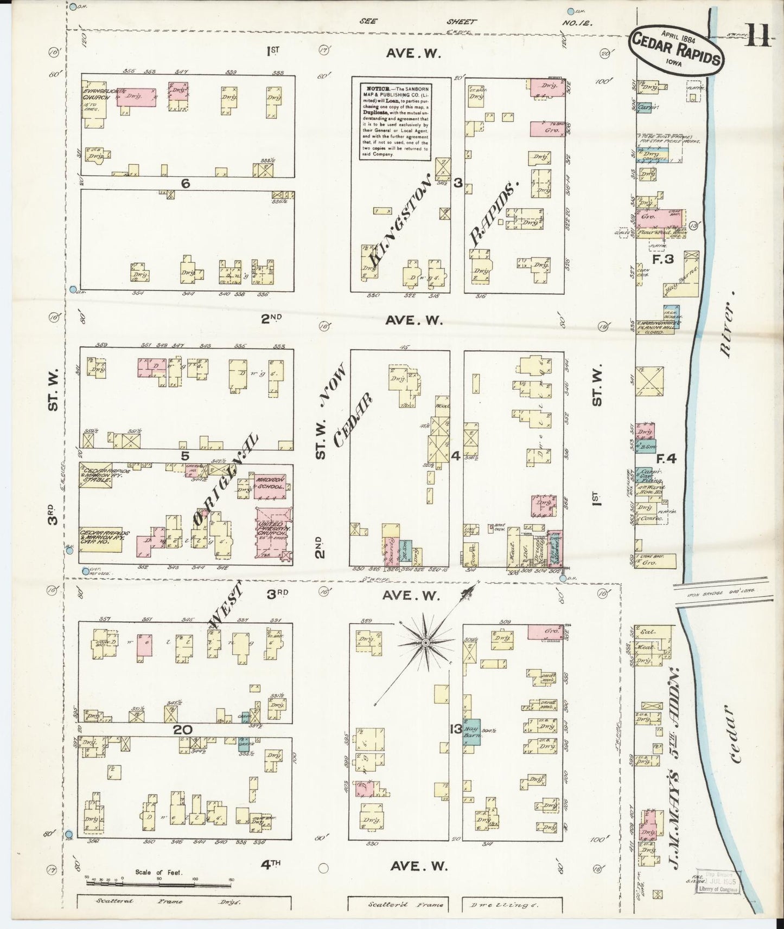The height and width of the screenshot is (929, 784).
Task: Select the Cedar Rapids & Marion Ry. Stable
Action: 96,476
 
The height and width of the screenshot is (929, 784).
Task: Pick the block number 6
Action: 186,184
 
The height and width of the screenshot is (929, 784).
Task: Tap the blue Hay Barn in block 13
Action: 471,734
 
